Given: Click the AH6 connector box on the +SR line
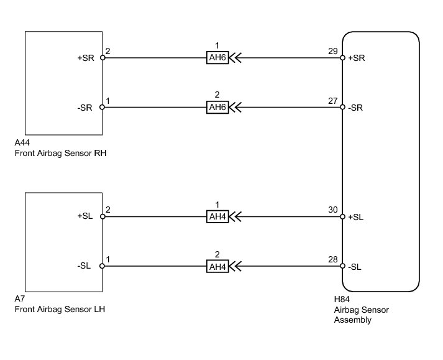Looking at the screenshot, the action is [217, 58].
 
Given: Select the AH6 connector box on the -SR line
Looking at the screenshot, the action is [217, 107].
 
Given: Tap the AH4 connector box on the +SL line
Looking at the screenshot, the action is [217, 216].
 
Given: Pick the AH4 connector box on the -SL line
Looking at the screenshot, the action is [217, 266].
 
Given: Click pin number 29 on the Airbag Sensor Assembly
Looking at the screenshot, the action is [333, 51].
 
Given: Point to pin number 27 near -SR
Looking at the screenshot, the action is [333, 101].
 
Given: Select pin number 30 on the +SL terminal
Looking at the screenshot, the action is [333, 210].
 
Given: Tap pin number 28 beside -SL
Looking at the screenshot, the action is [333, 260].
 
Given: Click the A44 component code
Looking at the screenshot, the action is [22, 142].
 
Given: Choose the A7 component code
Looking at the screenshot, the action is [20, 298].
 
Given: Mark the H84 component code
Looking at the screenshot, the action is [342, 299].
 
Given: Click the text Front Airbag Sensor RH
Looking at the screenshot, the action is [60, 154].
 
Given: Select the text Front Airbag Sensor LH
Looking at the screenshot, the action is [60, 310].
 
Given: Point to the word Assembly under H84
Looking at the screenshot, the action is [352, 320].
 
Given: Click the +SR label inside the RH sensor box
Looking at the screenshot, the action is [86, 58].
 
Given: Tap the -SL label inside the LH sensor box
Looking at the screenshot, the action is [84, 266].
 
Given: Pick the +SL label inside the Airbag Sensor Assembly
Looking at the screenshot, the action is [355, 217].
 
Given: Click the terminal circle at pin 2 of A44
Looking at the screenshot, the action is [103, 58].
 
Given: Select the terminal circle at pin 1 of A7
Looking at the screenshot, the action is [103, 266].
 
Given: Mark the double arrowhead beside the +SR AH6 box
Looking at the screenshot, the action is [235, 58].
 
